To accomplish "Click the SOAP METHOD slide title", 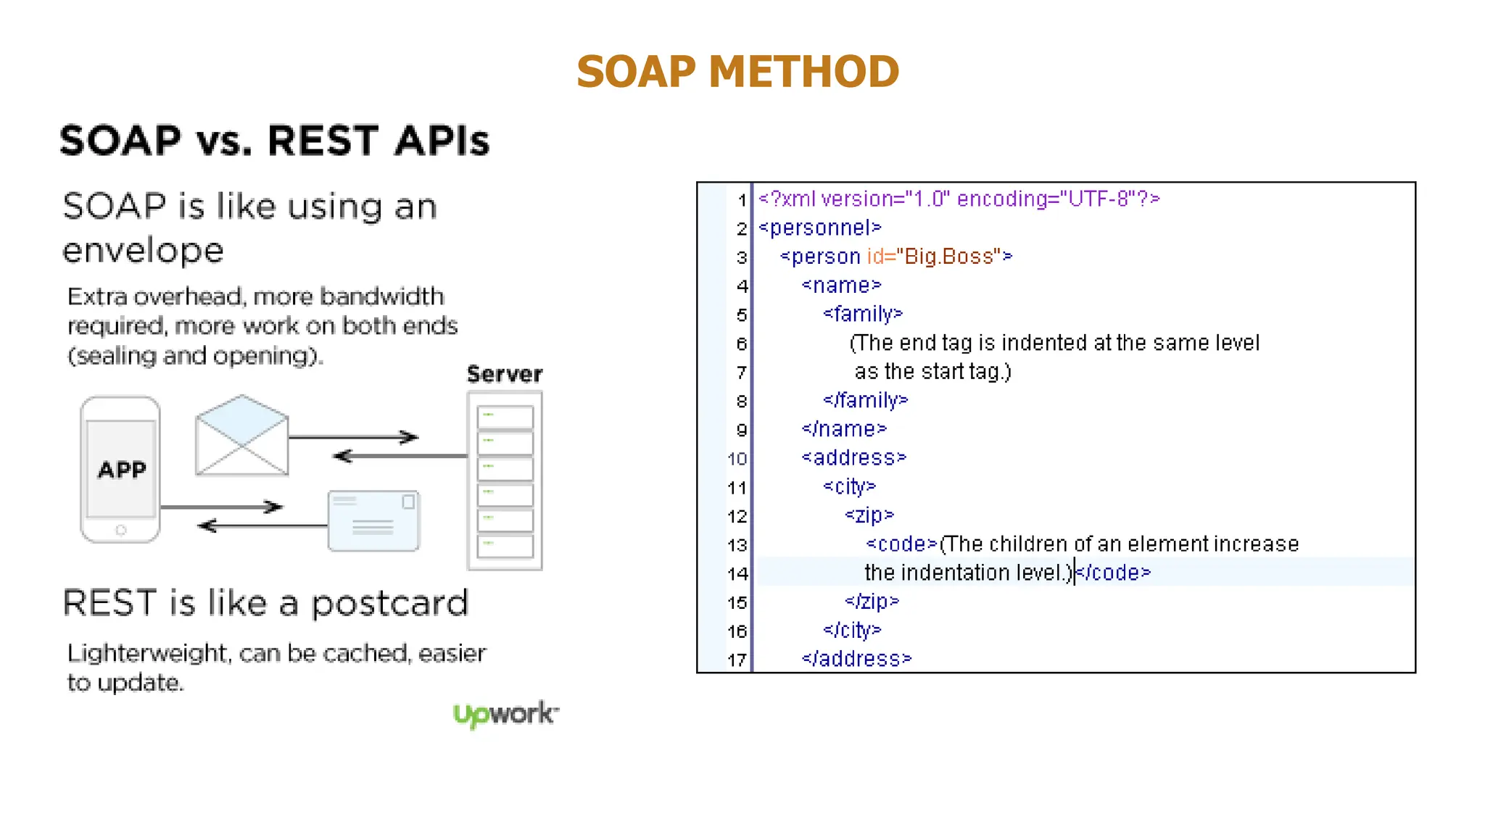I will click(x=737, y=72).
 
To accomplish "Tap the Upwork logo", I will click(x=505, y=714).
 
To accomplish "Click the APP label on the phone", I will click(x=122, y=470).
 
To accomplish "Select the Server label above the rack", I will click(x=505, y=374).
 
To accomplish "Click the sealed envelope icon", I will click(x=241, y=436).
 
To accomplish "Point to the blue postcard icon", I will click(x=373, y=521).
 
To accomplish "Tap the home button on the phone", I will click(x=121, y=531).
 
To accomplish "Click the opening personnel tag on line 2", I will click(x=820, y=228).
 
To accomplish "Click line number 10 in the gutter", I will click(x=737, y=459).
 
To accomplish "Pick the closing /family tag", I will click(x=866, y=400).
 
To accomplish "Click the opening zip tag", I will click(x=869, y=515).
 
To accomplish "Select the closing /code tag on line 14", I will click(x=1114, y=573).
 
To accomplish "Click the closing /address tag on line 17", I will click(x=856, y=659).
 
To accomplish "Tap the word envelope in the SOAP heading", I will click(x=143, y=252).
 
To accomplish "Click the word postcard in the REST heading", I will click(x=390, y=604).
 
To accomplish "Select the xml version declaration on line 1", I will click(x=959, y=199).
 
